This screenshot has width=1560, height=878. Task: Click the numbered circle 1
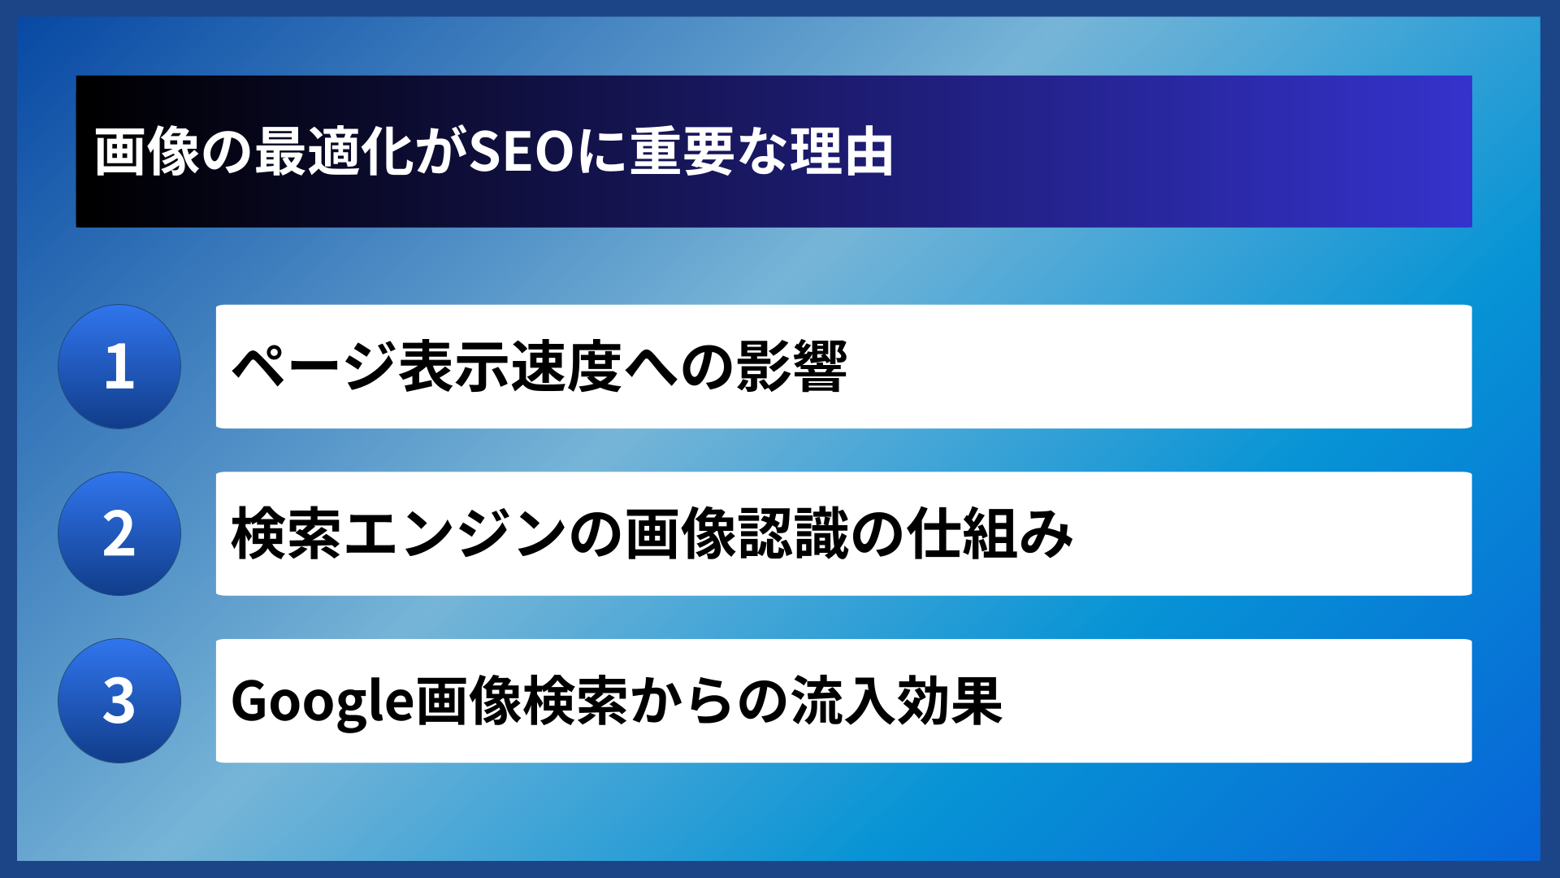pos(119,367)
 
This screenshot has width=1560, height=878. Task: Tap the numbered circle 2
pos(119,534)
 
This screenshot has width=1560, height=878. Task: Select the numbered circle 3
pos(119,701)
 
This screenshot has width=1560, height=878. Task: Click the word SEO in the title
pos(522,152)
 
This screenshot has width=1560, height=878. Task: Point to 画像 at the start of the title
pos(147,152)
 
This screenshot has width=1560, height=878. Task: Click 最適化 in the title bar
pos(336,152)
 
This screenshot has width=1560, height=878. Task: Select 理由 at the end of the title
pos(842,152)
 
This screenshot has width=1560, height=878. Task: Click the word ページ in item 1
pos(314,367)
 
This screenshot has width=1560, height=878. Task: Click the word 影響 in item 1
pos(791,367)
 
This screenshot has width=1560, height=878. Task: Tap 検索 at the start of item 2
pos(286,534)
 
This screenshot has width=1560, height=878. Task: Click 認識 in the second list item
pos(792,534)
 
